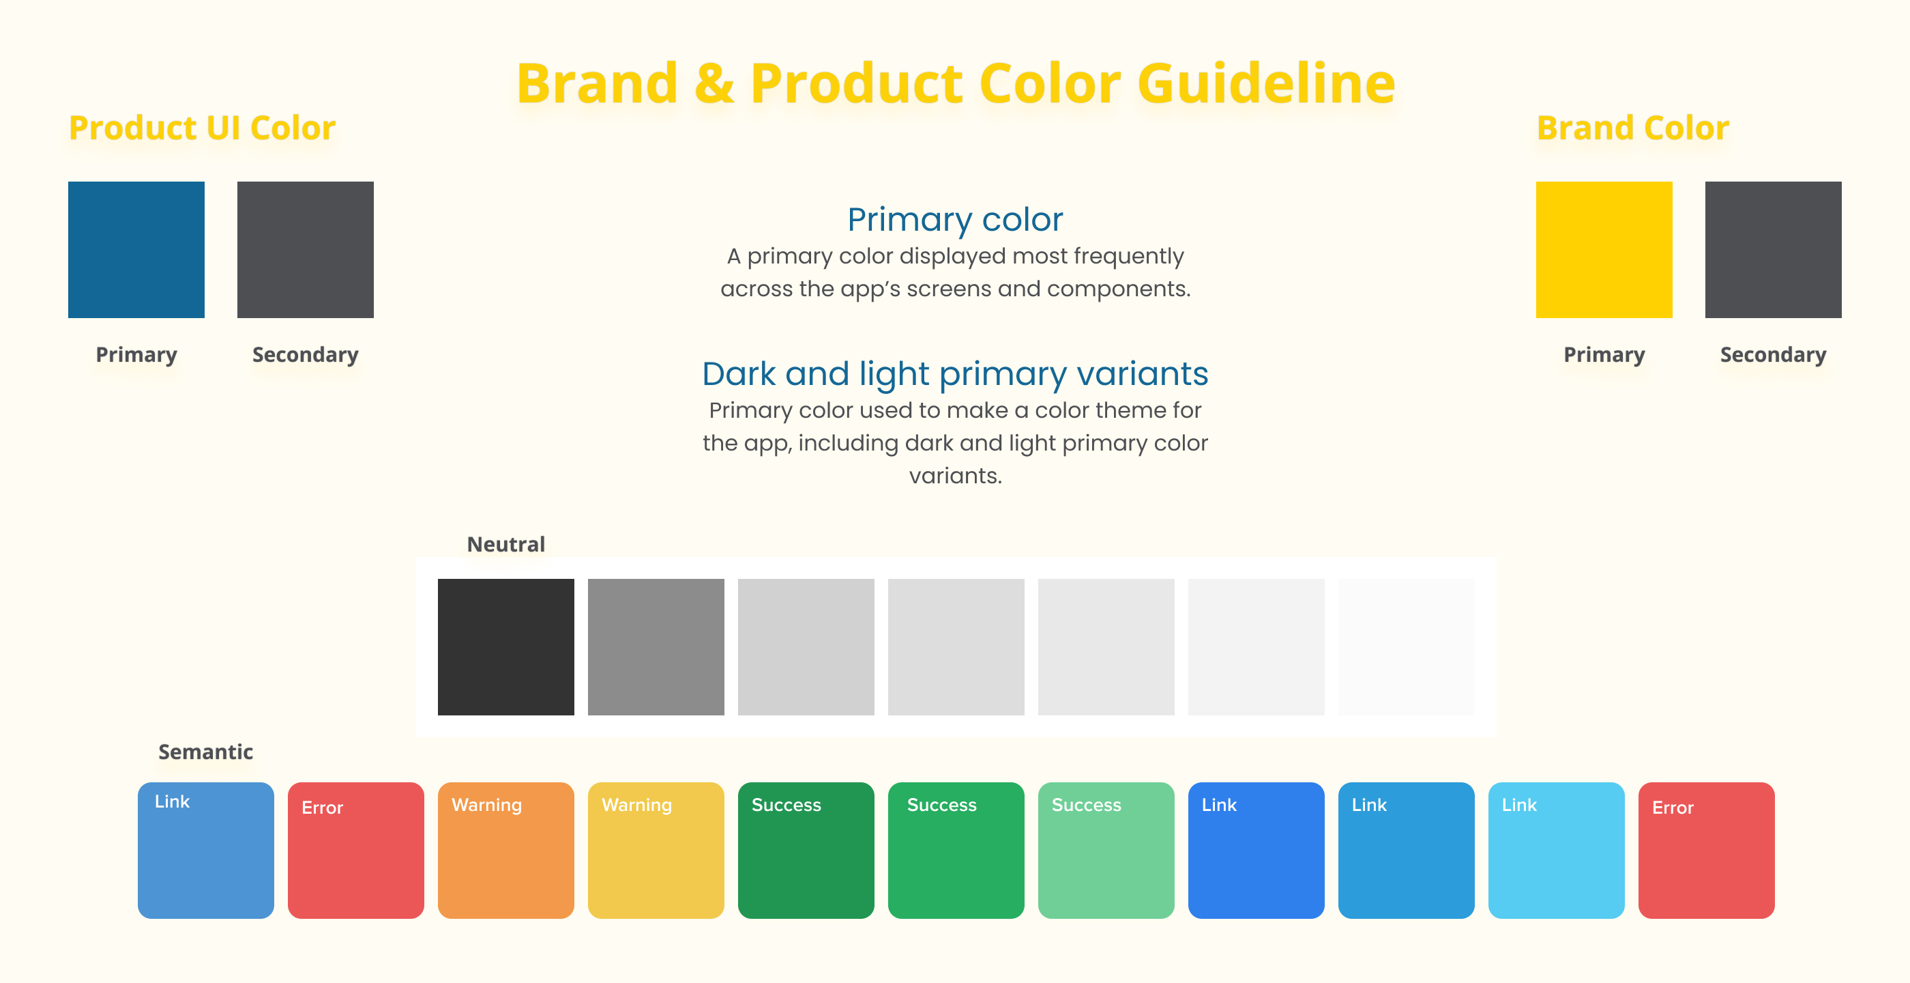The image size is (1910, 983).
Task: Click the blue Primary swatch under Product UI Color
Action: tap(136, 250)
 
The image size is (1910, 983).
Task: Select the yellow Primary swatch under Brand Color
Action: tap(1604, 250)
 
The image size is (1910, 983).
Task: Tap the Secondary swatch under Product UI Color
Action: tap(306, 250)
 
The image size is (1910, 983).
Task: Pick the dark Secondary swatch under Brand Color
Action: tap(1773, 250)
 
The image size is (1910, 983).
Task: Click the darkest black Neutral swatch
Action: tap(505, 647)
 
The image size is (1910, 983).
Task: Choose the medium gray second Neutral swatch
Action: tap(656, 647)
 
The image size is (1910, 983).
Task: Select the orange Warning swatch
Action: tap(505, 850)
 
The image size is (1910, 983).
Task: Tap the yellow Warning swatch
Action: tap(656, 850)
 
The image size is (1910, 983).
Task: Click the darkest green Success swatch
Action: tap(806, 850)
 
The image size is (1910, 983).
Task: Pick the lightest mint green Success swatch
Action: tap(1106, 850)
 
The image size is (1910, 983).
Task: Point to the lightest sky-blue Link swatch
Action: tap(1557, 850)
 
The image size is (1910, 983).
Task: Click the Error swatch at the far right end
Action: tap(1706, 850)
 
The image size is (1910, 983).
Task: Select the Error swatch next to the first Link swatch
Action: tap(356, 850)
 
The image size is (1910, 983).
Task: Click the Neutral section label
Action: tap(505, 545)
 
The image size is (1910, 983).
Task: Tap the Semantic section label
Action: tap(205, 752)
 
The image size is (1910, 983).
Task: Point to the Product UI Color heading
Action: tap(202, 128)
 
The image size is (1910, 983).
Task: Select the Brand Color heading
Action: tap(1632, 128)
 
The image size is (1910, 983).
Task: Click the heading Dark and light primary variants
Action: tap(955, 374)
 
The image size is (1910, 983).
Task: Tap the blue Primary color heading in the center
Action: tap(955, 220)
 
